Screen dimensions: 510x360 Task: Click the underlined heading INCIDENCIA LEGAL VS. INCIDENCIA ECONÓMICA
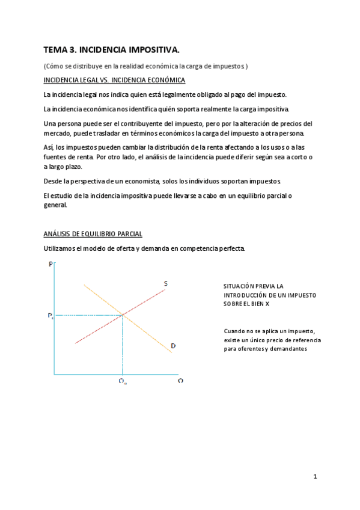(114, 80)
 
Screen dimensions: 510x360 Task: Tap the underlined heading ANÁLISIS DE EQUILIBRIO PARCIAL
(93, 234)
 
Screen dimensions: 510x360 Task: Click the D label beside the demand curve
(173, 345)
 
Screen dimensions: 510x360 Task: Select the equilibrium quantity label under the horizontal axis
(122, 381)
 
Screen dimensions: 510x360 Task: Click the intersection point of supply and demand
(123, 314)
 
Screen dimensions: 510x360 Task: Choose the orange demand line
(150, 334)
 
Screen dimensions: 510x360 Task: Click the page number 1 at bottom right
(315, 476)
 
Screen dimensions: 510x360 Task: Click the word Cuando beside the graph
(235, 331)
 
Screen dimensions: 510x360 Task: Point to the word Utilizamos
(62, 248)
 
